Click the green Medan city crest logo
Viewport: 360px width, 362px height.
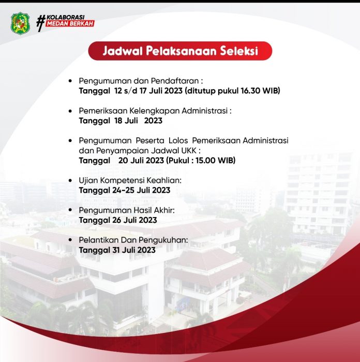pyautogui.click(x=20, y=23)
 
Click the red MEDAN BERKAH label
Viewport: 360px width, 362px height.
pyautogui.click(x=70, y=23)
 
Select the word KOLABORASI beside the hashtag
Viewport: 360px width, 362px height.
pyautogui.click(x=66, y=17)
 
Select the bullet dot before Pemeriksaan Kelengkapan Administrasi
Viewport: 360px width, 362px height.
pyautogui.click(x=70, y=111)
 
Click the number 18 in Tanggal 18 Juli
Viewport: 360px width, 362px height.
pyautogui.click(x=118, y=121)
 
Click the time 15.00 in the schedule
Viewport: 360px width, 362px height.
pyautogui.click(x=205, y=160)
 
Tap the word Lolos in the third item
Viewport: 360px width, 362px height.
pyautogui.click(x=178, y=140)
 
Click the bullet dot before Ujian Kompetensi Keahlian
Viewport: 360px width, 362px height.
pyautogui.click(x=70, y=180)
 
